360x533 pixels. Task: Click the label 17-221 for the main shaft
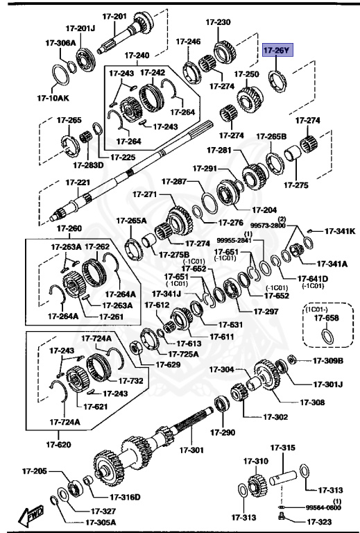coord(77,183)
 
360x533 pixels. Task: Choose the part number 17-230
coord(219,22)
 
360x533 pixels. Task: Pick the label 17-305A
coord(101,522)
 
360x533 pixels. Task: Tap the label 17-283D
coord(89,164)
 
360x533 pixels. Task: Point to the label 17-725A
coord(183,354)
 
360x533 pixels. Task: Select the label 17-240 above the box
coord(137,55)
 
